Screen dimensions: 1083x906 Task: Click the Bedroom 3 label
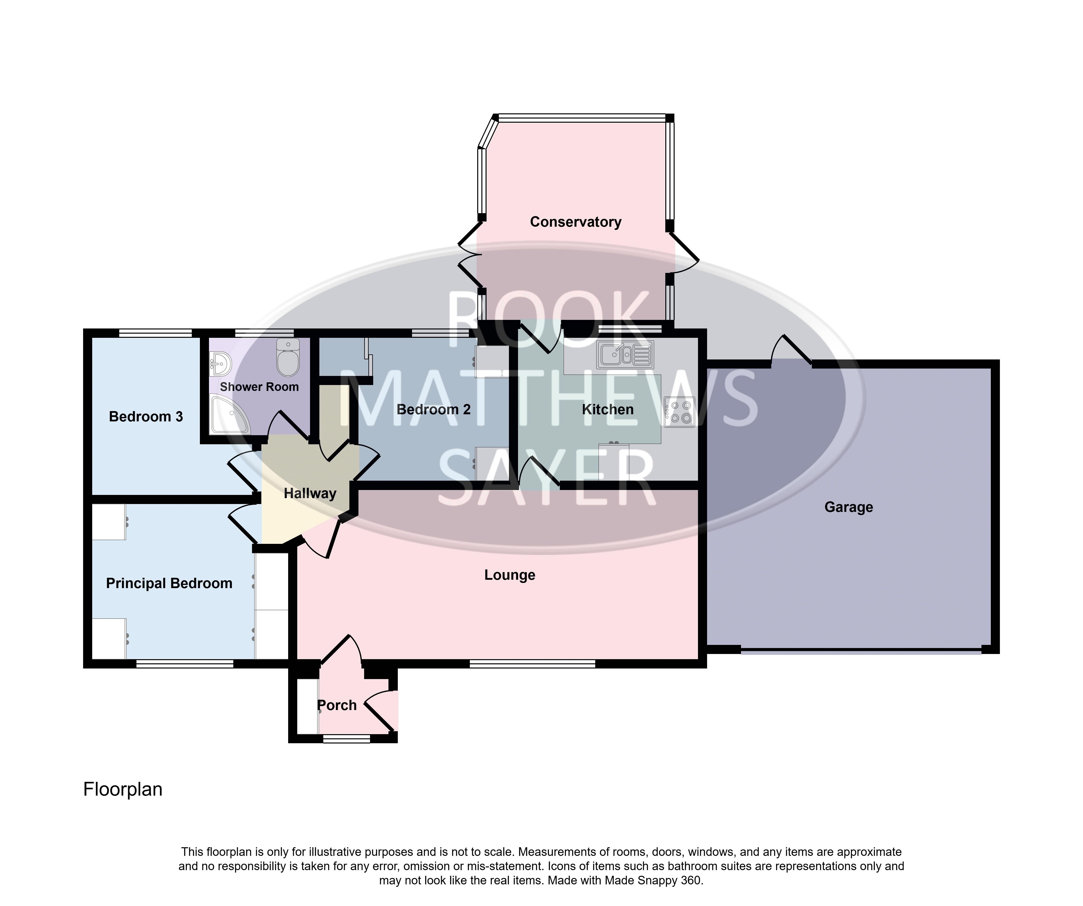tap(146, 417)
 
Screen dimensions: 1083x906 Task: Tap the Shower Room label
tap(259, 387)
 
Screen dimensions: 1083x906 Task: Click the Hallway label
tap(310, 493)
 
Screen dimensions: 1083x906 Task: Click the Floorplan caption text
tap(123, 789)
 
